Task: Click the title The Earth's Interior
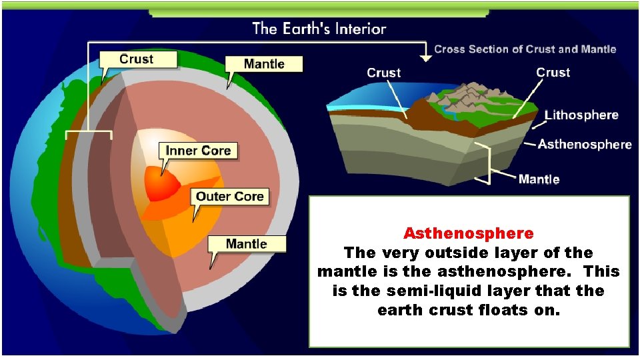click(319, 29)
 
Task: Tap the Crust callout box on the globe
click(138, 59)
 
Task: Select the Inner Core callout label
click(197, 151)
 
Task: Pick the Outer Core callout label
click(230, 196)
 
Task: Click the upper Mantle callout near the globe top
click(263, 64)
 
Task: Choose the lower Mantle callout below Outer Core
click(246, 243)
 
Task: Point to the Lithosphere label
click(581, 115)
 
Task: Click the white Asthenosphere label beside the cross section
click(585, 144)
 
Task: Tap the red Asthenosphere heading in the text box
click(468, 233)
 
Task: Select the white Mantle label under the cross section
click(539, 179)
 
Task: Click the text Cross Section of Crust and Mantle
click(525, 49)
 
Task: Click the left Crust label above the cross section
click(384, 73)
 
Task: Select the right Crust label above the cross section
click(553, 72)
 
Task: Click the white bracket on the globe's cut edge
click(89, 133)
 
